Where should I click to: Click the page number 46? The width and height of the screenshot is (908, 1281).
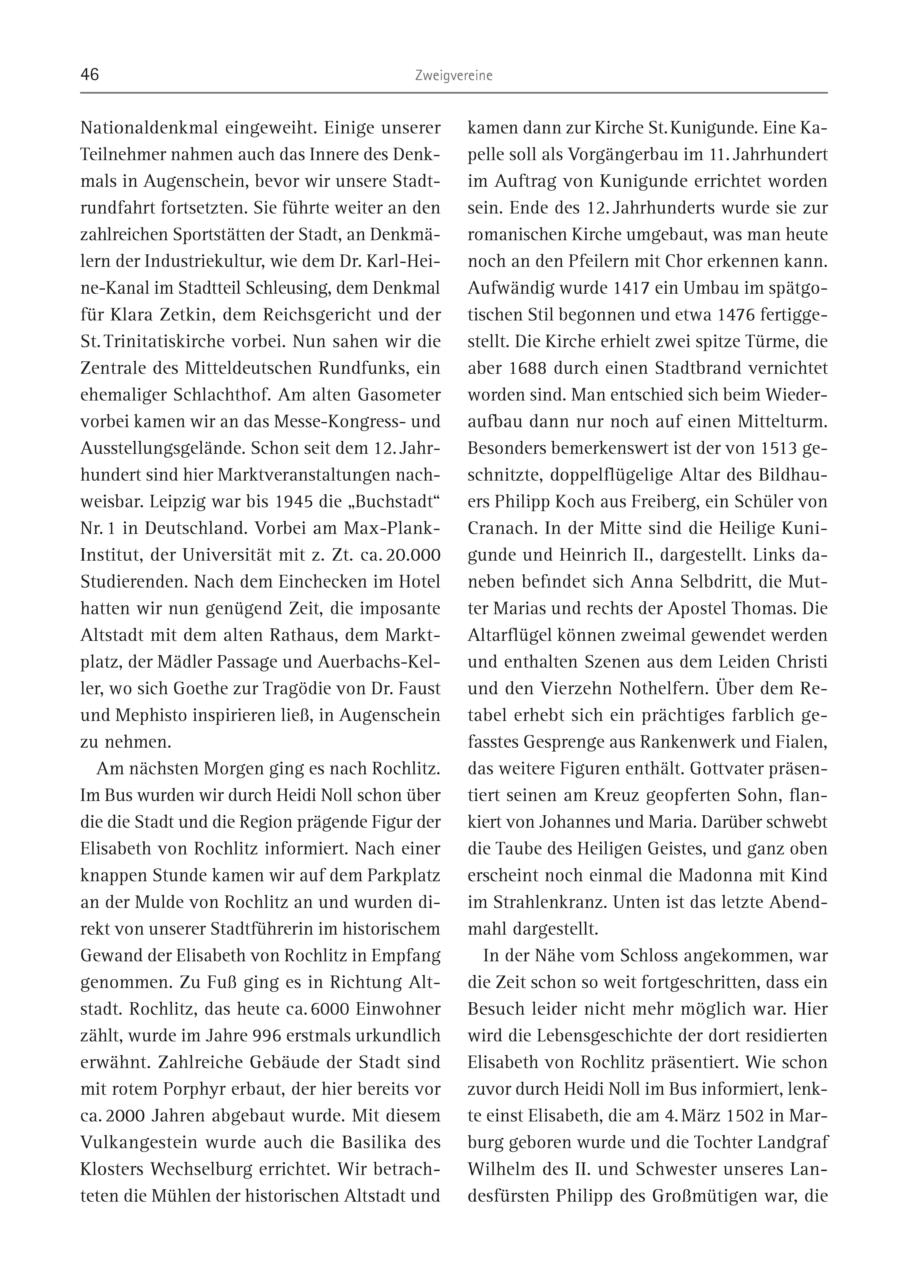90,75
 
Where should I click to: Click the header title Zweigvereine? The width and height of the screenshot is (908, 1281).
453,76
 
